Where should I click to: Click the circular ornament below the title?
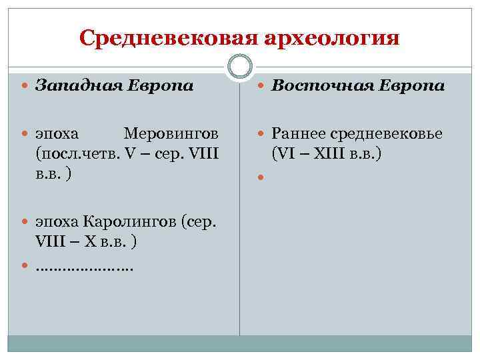coord(239,67)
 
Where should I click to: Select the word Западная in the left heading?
coord(71,85)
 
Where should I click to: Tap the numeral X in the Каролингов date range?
coord(91,242)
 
